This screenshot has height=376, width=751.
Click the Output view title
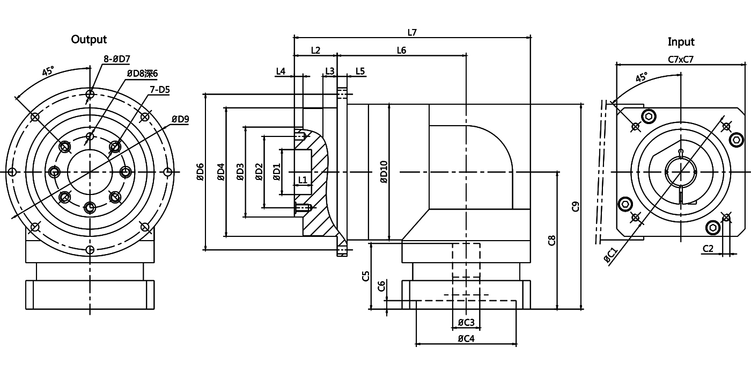pyautogui.click(x=89, y=39)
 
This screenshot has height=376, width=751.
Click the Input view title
pyautogui.click(x=681, y=41)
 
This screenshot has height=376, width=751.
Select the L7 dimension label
pyautogui.click(x=412, y=32)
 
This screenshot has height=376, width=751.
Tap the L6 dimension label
pyautogui.click(x=401, y=50)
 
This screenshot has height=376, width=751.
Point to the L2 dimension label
pyautogui.click(x=315, y=50)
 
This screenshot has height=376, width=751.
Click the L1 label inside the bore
pyautogui.click(x=302, y=179)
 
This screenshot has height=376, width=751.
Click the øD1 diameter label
pyautogui.click(x=277, y=172)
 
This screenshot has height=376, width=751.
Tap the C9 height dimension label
pyautogui.click(x=576, y=206)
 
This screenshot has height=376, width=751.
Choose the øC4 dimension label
pyautogui.click(x=466, y=339)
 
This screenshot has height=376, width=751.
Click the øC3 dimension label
pyautogui.click(x=466, y=322)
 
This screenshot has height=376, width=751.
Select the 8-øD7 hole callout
pyautogui.click(x=116, y=58)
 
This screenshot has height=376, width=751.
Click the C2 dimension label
pyautogui.click(x=708, y=248)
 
